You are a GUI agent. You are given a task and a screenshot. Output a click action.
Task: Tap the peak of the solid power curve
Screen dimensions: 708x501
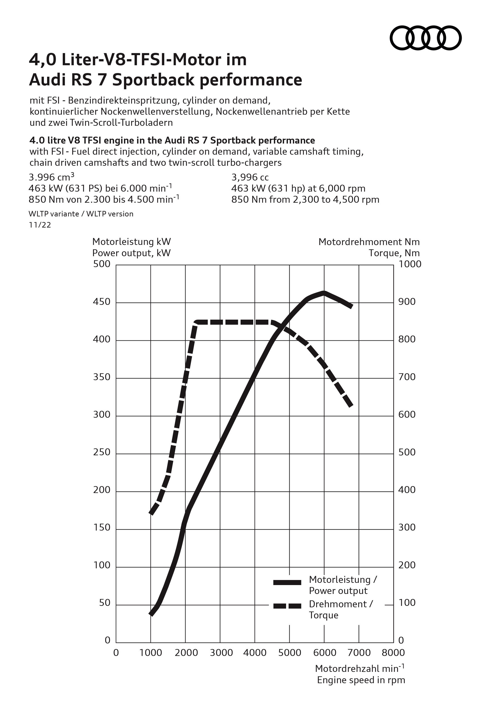tap(324, 292)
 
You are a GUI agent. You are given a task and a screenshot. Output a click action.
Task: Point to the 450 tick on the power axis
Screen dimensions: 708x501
tap(102, 302)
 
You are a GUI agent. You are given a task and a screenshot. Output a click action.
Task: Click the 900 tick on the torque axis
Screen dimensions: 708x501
tap(407, 302)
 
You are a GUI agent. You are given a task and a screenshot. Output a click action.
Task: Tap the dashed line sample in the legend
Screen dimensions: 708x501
tap(287, 606)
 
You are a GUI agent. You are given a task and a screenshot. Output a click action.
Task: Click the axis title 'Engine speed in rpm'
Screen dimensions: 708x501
tap(361, 680)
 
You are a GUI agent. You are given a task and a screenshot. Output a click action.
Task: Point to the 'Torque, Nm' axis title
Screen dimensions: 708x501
tap(394, 253)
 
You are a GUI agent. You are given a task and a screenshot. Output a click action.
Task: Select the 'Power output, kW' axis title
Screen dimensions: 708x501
tap(131, 253)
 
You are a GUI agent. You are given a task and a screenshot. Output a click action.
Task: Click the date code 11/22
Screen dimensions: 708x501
tap(40, 225)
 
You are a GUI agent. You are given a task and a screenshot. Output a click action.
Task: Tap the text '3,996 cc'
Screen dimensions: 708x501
tap(250, 177)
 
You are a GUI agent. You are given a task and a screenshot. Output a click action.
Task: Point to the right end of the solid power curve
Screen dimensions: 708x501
tap(351, 307)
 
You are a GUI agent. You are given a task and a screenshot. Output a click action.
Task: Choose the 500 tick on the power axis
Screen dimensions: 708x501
tap(102, 264)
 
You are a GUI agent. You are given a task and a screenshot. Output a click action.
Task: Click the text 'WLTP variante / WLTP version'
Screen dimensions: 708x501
tap(81, 214)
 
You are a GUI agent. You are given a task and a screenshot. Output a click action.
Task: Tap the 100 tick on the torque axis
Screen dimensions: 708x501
tap(407, 603)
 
